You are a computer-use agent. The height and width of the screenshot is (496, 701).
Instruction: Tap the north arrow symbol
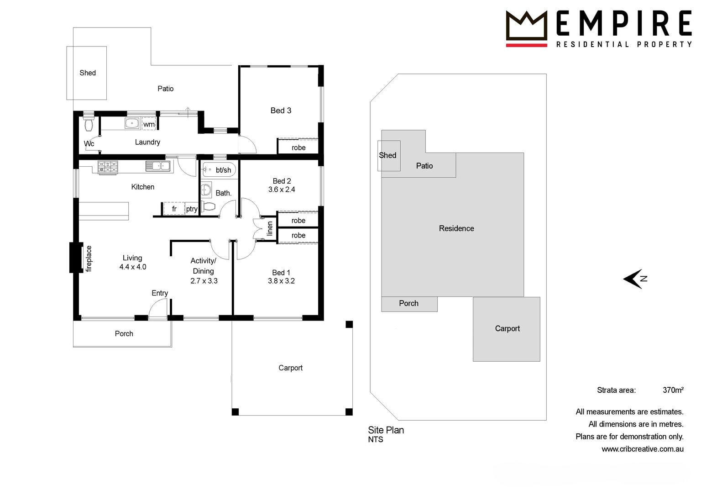point(635,279)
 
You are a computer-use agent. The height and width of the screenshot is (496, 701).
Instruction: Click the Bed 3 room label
point(281,111)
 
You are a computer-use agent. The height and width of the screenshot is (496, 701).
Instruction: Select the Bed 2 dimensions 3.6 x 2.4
point(282,190)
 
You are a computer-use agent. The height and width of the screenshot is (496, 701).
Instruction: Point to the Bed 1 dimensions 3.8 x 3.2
point(281,281)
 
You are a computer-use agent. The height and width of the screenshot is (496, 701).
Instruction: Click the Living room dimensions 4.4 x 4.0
point(133,267)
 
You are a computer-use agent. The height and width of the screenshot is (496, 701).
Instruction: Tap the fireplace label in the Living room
point(89,259)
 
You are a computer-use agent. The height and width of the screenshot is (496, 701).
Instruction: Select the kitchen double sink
point(158,166)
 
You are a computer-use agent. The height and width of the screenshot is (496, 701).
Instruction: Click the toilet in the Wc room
point(89,124)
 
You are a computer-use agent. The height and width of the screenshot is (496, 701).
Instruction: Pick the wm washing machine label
point(149,124)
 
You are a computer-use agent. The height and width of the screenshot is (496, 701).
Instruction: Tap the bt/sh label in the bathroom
point(224,170)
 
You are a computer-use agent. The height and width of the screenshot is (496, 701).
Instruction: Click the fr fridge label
point(174,209)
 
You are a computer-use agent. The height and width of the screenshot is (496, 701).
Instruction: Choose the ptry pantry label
point(192,209)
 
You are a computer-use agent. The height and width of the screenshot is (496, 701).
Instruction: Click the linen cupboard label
point(270,228)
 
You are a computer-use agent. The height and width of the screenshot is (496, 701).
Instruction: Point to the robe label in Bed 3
point(298,148)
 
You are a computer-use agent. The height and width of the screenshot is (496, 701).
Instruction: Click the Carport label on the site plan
point(507,328)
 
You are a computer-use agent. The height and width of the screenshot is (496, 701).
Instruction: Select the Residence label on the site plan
point(456,228)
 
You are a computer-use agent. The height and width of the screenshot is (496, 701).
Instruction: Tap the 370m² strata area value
point(673,390)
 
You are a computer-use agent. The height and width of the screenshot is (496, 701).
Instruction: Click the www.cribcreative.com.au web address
point(643,449)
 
